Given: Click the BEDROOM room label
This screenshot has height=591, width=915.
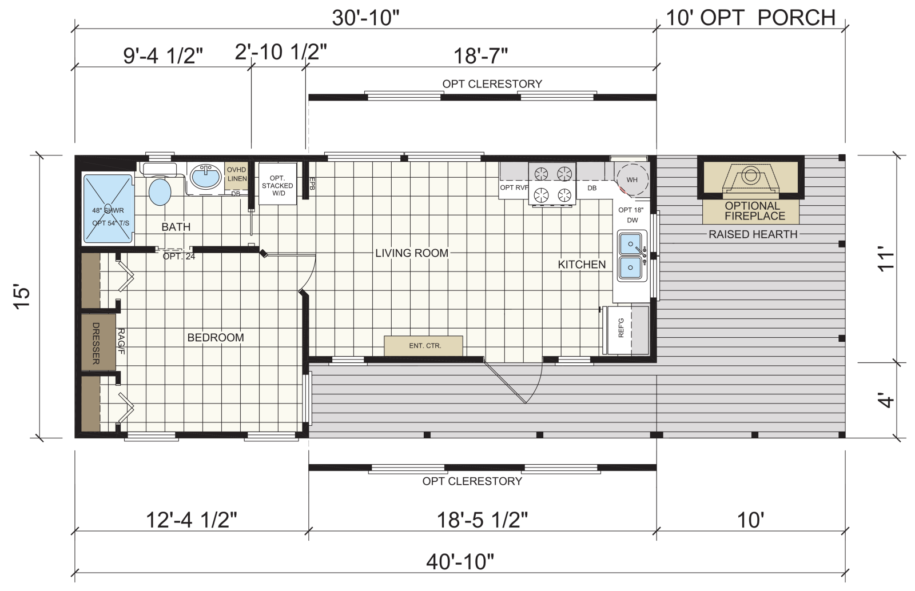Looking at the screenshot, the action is (216, 338).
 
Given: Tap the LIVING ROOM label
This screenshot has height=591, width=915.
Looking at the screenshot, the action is (412, 253).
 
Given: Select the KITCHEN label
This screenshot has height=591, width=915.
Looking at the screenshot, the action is (582, 265).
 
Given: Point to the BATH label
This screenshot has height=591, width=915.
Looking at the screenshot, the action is (176, 227).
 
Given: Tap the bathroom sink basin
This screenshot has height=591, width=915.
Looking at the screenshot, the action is (205, 177).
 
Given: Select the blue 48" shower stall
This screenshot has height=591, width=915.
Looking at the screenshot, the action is (108, 209).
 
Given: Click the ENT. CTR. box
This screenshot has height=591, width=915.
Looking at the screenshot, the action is (424, 346).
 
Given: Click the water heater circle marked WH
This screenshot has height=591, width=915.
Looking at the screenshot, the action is (632, 179).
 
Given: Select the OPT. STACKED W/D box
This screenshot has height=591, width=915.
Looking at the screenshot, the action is (278, 184).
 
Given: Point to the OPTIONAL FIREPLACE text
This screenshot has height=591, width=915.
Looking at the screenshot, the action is (754, 211).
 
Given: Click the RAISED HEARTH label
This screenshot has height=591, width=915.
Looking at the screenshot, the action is (753, 234).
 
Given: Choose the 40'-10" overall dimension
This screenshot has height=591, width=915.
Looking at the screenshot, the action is (460, 562).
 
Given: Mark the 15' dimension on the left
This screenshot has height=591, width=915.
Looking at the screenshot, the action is (22, 296).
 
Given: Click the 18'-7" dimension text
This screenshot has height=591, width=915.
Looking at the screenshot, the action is (481, 56).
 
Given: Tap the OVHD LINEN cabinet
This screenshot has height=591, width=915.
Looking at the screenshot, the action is (237, 175).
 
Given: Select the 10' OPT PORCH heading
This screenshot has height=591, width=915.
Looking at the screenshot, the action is (751, 18).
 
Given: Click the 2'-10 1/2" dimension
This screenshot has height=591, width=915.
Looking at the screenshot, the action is (281, 52).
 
